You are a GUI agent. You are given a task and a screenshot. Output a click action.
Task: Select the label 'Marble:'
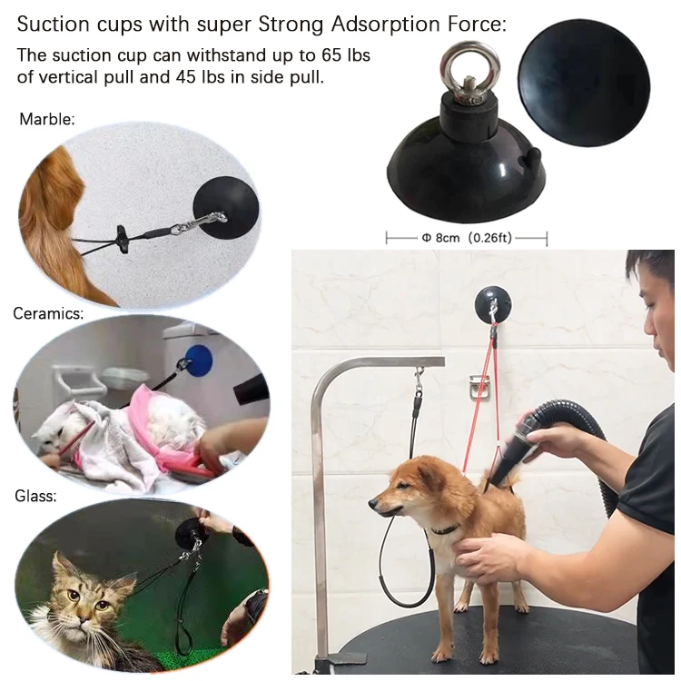coord(46,119)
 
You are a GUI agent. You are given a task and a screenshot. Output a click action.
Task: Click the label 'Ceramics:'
coord(48,314)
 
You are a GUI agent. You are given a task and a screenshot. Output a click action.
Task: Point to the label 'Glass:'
coord(35,497)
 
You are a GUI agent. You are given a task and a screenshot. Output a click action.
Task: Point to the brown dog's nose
coord(372,501)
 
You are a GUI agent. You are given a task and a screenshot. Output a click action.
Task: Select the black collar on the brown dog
coord(445,529)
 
